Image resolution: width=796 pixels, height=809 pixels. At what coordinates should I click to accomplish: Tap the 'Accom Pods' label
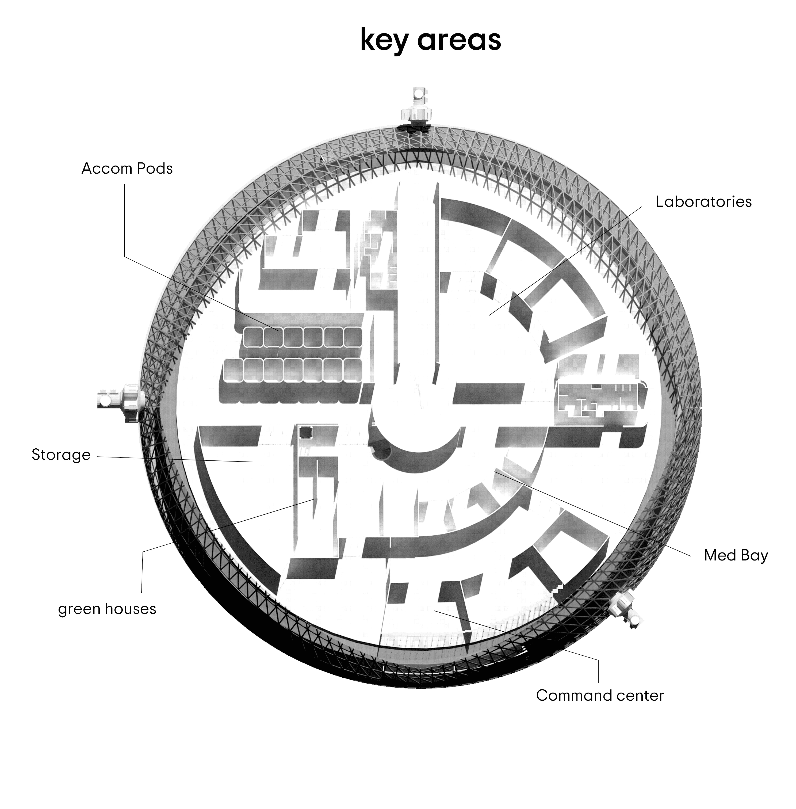tap(127, 169)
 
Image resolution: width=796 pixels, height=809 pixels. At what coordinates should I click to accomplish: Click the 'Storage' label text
tap(61, 455)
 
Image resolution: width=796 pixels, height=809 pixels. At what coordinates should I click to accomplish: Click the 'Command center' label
tap(600, 695)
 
